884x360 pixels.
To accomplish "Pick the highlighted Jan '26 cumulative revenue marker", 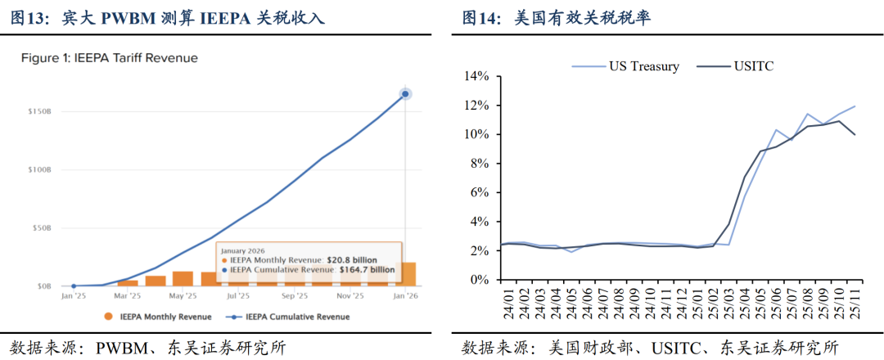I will pos(405,94).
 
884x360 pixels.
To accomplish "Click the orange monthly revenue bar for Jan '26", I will pos(407,274).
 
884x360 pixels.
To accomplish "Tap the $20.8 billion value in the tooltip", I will pos(352,259).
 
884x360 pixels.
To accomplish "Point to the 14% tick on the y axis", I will pos(476,76).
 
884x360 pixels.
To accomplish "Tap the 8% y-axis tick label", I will pos(479,164).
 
